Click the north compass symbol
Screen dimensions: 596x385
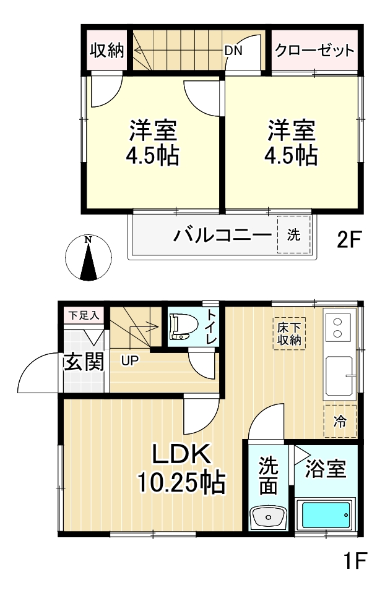click(89, 257)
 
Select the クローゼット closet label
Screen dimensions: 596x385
click(314, 50)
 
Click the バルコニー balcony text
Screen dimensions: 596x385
click(222, 236)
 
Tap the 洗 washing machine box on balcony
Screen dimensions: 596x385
click(293, 235)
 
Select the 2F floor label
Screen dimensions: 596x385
click(349, 239)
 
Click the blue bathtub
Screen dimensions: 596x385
click(326, 514)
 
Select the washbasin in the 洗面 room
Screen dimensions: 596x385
click(267, 516)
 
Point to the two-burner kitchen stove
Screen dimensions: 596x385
click(339, 328)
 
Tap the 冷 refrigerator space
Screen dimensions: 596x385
click(340, 422)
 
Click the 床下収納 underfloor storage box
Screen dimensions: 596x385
click(289, 334)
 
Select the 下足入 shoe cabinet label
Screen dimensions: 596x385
click(83, 315)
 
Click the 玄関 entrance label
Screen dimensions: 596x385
click(84, 363)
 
